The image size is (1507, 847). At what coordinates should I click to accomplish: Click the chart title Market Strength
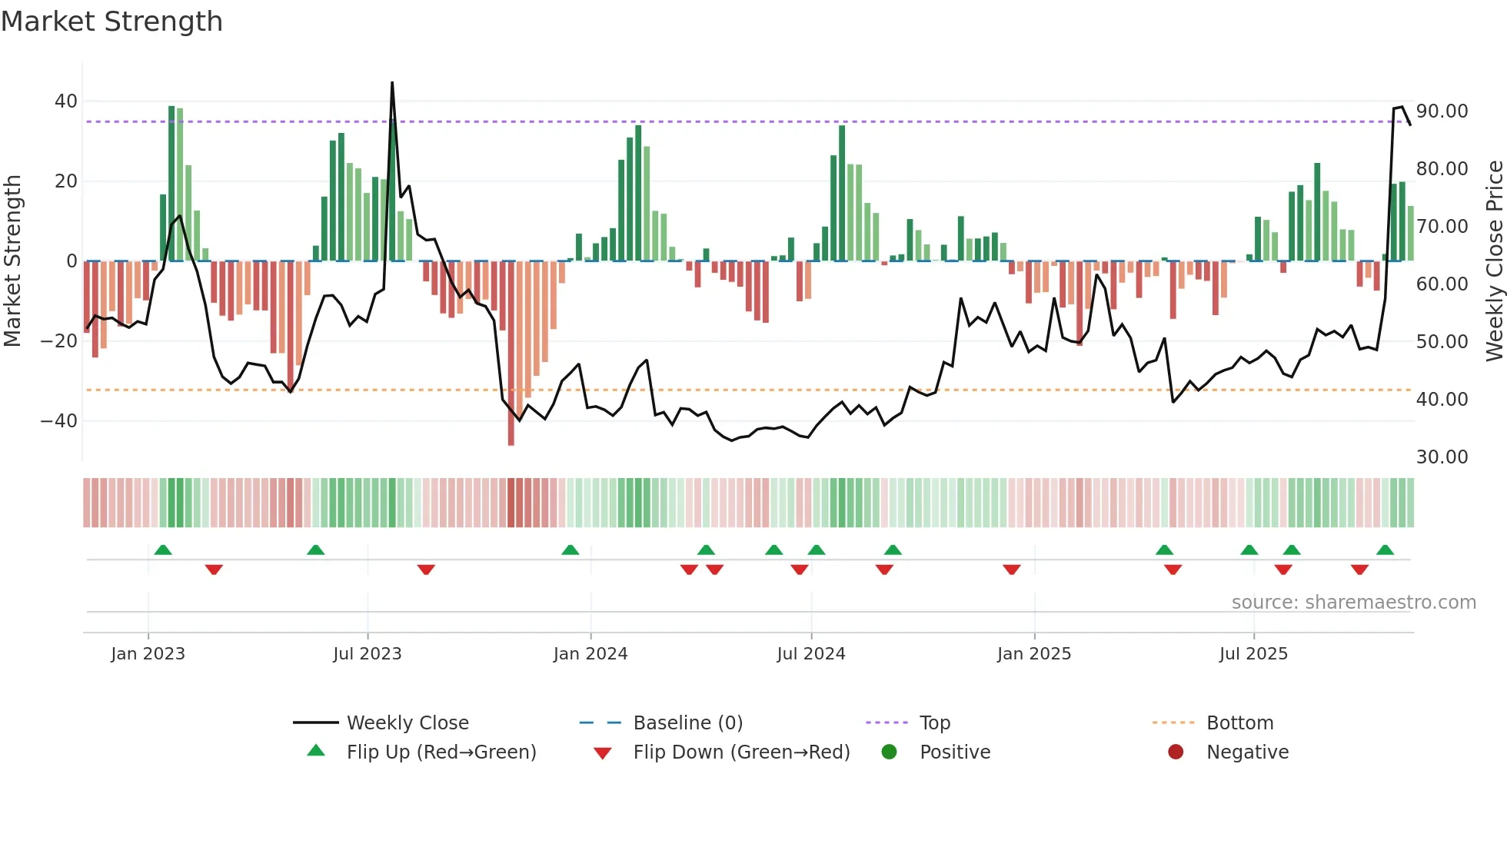(111, 22)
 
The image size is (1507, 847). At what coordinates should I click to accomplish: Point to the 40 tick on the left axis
(66, 101)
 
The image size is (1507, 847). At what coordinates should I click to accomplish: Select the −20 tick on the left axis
(59, 341)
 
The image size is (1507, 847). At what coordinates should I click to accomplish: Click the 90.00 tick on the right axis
(1442, 111)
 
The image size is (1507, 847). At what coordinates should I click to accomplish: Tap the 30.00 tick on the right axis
(1442, 457)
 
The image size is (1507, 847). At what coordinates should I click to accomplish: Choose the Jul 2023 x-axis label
(367, 654)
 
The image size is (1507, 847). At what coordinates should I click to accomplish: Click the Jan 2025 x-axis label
(1033, 654)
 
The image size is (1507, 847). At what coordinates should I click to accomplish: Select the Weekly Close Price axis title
(1494, 261)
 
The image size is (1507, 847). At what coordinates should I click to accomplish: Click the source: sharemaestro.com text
(1353, 603)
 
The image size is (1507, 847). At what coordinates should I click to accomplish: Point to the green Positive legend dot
(890, 752)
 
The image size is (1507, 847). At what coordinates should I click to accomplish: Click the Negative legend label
(1247, 752)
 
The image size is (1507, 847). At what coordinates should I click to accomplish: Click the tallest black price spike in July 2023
(392, 83)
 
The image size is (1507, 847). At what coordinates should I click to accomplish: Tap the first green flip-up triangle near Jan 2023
(163, 550)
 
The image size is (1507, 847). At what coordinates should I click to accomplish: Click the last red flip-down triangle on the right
(1359, 570)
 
